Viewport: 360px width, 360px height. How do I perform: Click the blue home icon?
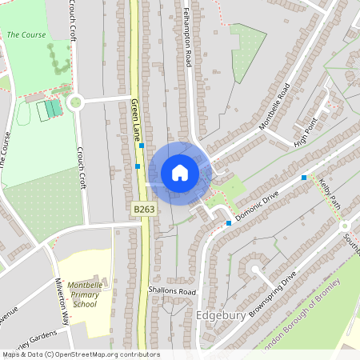tap(179, 173)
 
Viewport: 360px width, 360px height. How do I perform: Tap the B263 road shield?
tap(144, 210)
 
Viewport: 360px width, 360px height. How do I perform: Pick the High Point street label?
tap(306, 131)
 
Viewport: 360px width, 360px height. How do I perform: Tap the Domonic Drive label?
tap(258, 205)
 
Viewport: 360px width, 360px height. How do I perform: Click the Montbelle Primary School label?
tap(84, 294)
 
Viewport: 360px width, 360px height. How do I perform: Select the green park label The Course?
tap(26, 35)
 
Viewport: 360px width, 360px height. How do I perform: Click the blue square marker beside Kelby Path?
tap(304, 178)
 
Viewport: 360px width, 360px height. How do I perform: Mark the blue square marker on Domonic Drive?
tap(229, 223)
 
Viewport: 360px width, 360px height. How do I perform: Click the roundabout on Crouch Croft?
tap(76, 102)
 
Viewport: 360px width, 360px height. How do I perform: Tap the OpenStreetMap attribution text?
tap(80, 354)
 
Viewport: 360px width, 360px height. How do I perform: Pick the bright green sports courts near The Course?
tap(51, 108)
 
